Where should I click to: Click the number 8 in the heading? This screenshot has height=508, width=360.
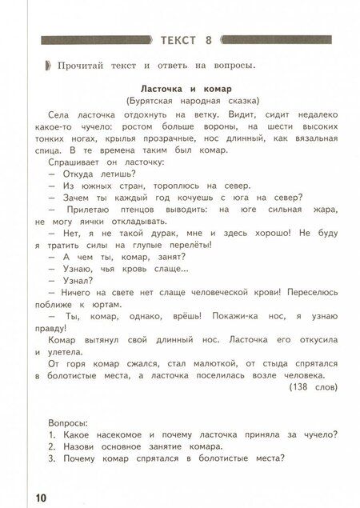click(x=208, y=39)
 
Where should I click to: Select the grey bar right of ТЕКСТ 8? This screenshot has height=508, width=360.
click(x=276, y=39)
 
